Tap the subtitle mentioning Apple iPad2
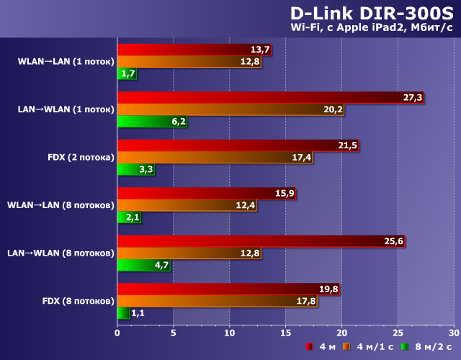click(x=370, y=28)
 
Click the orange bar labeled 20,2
click(x=230, y=109)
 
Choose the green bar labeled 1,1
click(x=123, y=313)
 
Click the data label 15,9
click(x=285, y=194)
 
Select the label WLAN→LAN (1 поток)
click(x=66, y=61)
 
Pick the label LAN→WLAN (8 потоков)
click(x=61, y=253)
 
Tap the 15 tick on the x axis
click(x=285, y=333)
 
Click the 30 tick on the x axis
click(x=453, y=333)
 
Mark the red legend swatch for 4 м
click(x=308, y=347)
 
